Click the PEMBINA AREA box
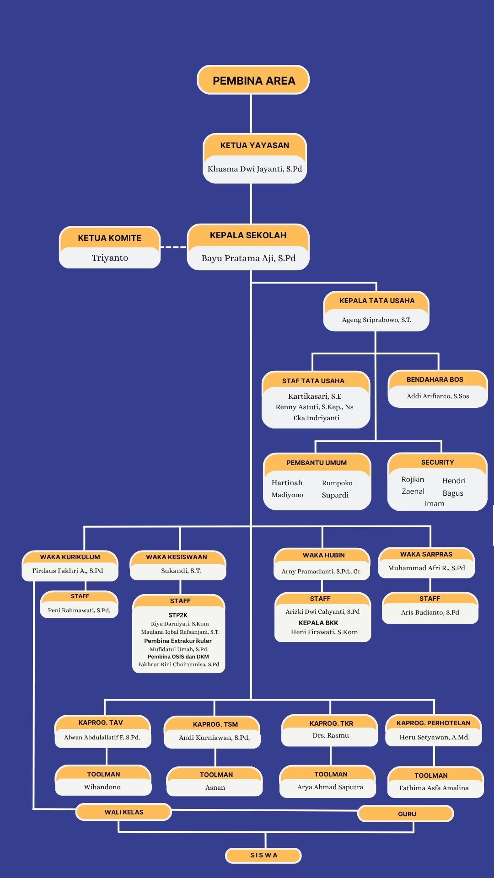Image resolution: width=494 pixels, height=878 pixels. coord(253,80)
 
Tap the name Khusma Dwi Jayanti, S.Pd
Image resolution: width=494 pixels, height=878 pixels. coord(255,169)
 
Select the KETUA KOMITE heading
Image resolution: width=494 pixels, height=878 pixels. coord(109,238)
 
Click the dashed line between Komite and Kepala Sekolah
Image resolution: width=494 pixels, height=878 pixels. coord(173,247)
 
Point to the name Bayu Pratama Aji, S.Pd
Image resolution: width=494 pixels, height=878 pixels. coord(248,258)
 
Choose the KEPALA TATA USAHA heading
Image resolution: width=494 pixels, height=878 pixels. coord(377,301)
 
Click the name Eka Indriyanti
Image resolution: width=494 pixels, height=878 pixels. coord(316,418)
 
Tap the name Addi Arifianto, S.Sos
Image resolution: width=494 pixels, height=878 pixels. coord(438,396)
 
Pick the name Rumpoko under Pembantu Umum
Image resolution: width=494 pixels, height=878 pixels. coord(337,483)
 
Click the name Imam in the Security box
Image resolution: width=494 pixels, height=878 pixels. coord(435,503)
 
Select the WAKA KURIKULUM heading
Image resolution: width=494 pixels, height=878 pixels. coord(70,557)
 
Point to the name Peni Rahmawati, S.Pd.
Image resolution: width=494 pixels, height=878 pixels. coord(79,610)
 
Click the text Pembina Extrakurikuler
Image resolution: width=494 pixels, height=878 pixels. coord(178,641)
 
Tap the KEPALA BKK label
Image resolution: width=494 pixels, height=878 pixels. coord(318,623)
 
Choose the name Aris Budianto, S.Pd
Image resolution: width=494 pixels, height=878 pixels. coord(430,612)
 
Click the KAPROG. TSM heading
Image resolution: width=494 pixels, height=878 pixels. coord(215,724)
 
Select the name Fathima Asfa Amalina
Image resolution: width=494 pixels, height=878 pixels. coord(434,788)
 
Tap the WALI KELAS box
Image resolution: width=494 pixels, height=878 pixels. coord(123,812)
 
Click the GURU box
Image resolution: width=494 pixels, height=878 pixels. coord(406,814)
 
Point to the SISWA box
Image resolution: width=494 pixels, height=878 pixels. coord(263,855)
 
